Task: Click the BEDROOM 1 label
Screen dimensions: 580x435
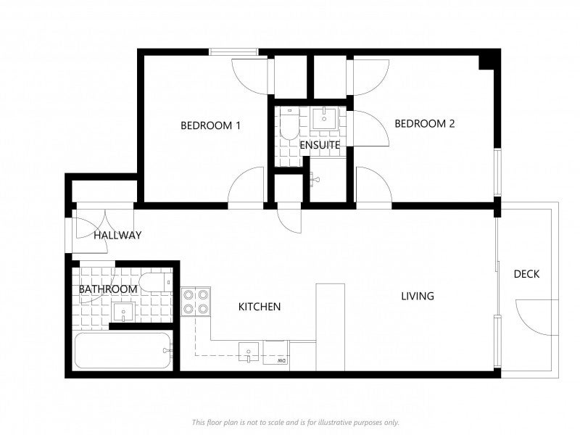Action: tap(210, 125)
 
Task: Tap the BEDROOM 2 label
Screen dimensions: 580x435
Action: tap(425, 123)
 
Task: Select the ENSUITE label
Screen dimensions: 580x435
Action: tap(320, 145)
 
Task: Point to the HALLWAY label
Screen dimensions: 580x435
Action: tap(117, 235)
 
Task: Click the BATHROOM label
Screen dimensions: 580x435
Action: tap(108, 289)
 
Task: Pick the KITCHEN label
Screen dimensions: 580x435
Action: tap(260, 307)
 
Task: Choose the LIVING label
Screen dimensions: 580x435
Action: tap(418, 296)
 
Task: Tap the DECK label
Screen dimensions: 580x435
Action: tap(526, 274)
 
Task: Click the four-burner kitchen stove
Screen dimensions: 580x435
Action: tap(196, 302)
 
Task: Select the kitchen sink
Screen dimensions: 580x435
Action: tap(249, 352)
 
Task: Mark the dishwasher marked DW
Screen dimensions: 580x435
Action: tap(275, 352)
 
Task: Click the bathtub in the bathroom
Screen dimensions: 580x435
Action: tap(123, 351)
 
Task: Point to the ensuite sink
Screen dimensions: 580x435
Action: tap(324, 118)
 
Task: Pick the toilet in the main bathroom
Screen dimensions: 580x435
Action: tap(157, 282)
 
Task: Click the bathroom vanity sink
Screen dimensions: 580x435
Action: tap(123, 312)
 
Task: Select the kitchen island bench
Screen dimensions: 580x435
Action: tap(331, 328)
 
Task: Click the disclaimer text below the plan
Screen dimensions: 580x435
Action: tap(296, 422)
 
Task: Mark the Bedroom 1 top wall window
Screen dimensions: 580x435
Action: tap(233, 52)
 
